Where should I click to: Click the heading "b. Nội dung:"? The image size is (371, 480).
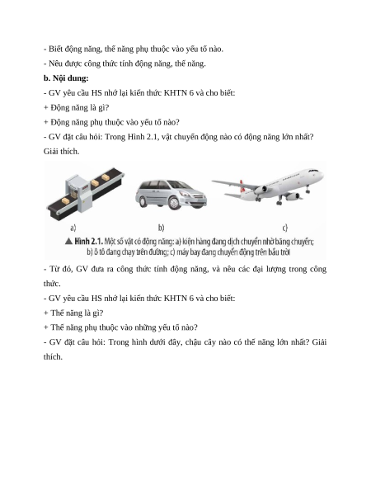click(x=66, y=78)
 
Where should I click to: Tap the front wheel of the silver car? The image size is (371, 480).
click(x=174, y=203)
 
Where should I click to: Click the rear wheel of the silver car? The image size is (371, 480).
click(x=143, y=201)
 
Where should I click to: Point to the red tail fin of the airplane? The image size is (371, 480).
click(x=242, y=183)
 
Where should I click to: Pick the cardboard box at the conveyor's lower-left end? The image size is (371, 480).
click(x=66, y=200)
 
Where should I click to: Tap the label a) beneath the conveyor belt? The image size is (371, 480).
click(x=73, y=228)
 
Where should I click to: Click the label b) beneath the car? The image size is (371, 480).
click(x=162, y=228)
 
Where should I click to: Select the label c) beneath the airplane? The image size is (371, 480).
click(x=285, y=228)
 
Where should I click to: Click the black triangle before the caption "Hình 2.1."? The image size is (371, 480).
click(x=68, y=241)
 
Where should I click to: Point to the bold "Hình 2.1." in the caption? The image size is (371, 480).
click(x=88, y=241)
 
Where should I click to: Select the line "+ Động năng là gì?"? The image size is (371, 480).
click(x=76, y=108)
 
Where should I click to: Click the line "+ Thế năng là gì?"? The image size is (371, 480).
click(x=73, y=313)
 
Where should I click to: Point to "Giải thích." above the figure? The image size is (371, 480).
click(x=61, y=152)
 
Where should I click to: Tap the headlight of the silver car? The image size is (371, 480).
click(x=185, y=194)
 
